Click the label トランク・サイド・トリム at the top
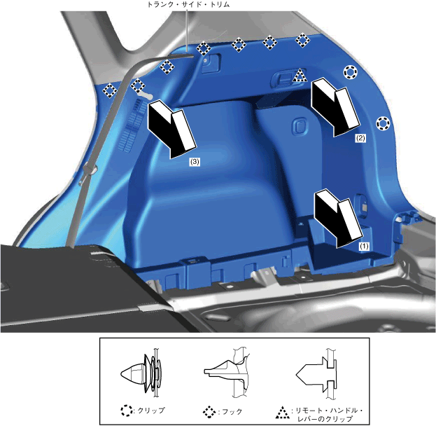coord(188,4)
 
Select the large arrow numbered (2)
coord(336,107)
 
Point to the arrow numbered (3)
coord(172,130)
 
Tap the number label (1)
coord(364,246)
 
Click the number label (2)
coord(360,138)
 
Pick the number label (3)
coord(195,161)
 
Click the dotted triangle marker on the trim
coord(300,76)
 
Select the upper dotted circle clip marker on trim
coord(350,72)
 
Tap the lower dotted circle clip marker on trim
coord(383,123)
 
